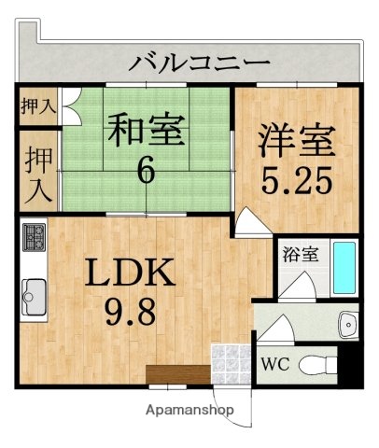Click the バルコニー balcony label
click(x=200, y=64)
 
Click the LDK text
click(x=131, y=273)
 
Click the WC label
click(x=276, y=364)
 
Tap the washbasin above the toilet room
click(x=348, y=323)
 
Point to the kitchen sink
click(x=35, y=297)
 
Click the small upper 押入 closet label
click(x=37, y=105)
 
